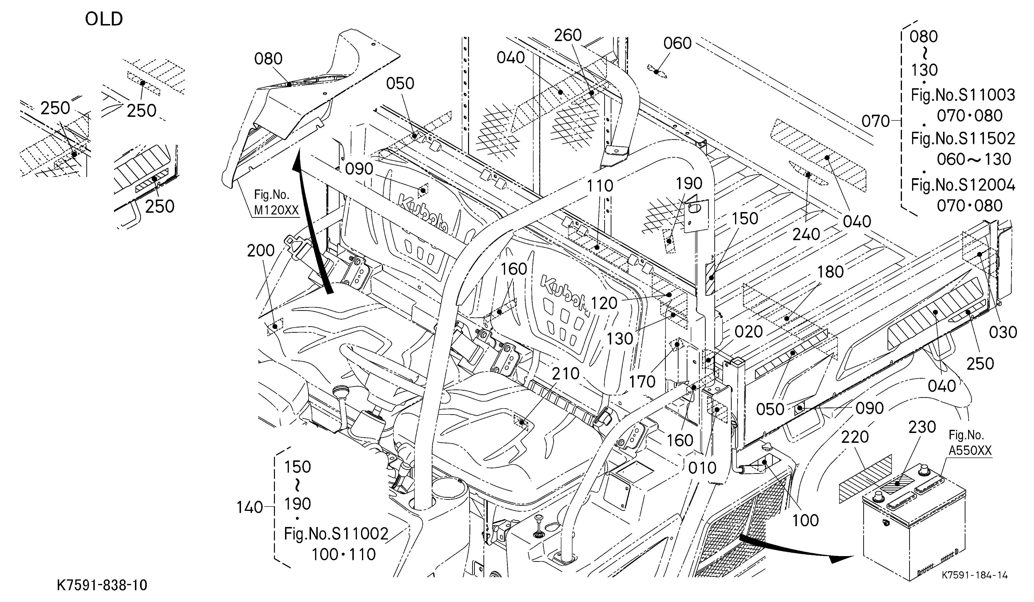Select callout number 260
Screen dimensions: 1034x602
[x=568, y=36]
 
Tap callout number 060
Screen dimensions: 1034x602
[x=678, y=43]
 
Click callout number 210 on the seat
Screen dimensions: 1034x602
[x=565, y=374]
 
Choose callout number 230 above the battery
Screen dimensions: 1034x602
[x=922, y=427]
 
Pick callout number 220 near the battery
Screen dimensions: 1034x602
[x=855, y=437]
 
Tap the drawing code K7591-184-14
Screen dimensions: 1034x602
[x=975, y=575]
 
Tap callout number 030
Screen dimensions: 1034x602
[x=1003, y=332]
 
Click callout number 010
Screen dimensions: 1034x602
[x=702, y=468]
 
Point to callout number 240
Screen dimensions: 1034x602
[x=806, y=235]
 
